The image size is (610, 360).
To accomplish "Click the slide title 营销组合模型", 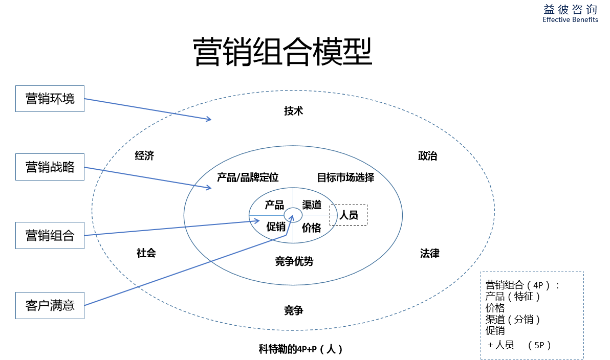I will [282, 52].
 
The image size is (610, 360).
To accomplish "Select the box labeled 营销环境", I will [50, 98].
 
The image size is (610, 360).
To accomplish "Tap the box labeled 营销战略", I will [50, 167].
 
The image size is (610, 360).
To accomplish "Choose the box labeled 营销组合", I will [50, 235].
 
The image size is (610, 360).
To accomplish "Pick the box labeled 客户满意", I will [50, 305].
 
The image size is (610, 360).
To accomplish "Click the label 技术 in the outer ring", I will [294, 111].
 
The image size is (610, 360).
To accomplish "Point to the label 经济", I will [144, 155].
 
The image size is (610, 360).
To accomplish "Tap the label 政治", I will [428, 156].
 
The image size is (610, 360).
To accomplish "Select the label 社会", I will [146, 253].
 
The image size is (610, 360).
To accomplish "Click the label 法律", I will [429, 253].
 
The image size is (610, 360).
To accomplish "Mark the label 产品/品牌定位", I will [248, 177].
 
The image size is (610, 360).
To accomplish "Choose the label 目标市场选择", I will [345, 177].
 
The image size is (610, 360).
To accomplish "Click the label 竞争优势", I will [294, 261].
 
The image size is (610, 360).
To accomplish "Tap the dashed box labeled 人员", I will [348, 215].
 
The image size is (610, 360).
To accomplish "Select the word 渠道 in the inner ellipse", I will [312, 205].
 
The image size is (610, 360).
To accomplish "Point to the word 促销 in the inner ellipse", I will [276, 226].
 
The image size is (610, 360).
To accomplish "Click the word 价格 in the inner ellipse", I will [311, 228].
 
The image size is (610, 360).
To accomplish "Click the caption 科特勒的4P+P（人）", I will [300, 349].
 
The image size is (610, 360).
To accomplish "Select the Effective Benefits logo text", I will [570, 19].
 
